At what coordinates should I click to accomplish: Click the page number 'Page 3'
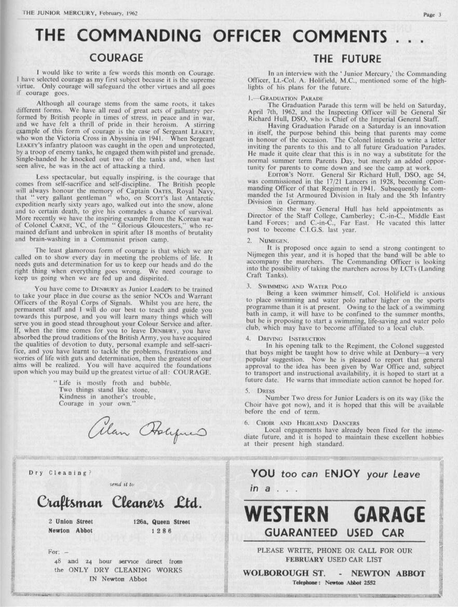(x=432, y=15)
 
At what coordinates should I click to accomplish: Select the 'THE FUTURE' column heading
(x=347, y=58)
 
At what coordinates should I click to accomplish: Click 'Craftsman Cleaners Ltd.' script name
(x=119, y=502)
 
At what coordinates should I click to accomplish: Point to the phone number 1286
(x=161, y=531)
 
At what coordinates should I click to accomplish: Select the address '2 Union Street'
(x=71, y=521)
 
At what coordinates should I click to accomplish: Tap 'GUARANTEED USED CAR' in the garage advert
(x=334, y=532)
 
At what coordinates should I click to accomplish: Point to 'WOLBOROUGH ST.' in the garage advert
(x=284, y=573)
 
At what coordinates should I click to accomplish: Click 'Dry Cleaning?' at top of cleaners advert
(x=60, y=473)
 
